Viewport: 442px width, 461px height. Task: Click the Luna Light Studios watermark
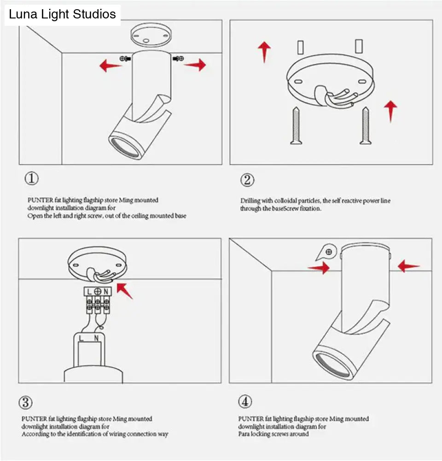(63, 14)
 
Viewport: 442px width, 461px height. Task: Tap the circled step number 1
(31, 179)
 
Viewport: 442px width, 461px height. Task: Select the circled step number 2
(247, 180)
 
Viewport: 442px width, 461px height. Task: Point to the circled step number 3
(26, 402)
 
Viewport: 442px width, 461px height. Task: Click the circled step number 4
(245, 402)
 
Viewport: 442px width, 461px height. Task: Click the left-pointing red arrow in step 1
(110, 65)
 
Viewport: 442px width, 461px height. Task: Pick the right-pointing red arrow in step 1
(195, 65)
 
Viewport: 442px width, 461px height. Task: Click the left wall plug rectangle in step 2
(300, 47)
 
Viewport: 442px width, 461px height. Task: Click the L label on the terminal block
(89, 292)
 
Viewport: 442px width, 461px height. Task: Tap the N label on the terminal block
(106, 292)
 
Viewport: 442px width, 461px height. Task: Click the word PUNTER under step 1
(37, 200)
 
